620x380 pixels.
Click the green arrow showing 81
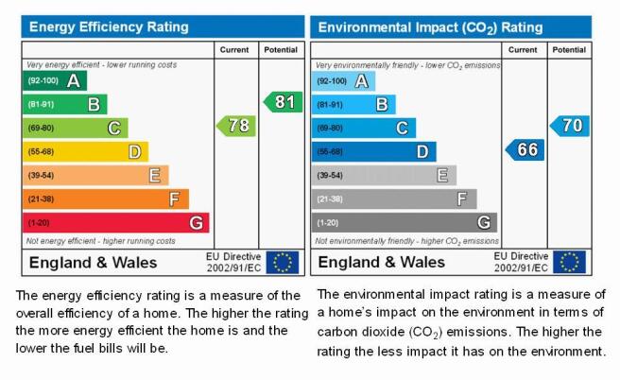tap(284, 102)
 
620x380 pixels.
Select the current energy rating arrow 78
tap(236, 126)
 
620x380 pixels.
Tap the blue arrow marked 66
tap(525, 150)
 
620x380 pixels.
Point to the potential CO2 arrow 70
tap(570, 126)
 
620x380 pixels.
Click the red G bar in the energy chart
tap(116, 223)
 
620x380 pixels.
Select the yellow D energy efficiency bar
tap(85, 152)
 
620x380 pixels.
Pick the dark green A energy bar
tap(55, 80)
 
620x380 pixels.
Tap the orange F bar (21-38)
tap(106, 199)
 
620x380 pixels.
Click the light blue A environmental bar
tap(343, 81)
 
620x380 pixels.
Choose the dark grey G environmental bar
tap(405, 223)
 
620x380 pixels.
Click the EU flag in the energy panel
tap(283, 262)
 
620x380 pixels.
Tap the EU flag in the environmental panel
tap(569, 262)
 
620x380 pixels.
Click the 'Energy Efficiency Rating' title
tap(109, 26)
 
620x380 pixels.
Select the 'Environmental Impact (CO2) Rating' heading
tap(430, 27)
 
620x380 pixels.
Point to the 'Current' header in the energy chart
tap(234, 50)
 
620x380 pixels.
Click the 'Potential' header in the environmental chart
tap(569, 50)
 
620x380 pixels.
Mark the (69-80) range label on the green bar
tap(41, 129)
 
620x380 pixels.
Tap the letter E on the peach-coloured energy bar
tap(155, 175)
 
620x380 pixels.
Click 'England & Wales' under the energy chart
tap(93, 263)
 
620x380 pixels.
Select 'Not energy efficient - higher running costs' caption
tap(100, 241)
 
